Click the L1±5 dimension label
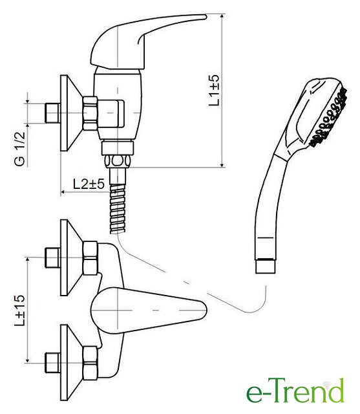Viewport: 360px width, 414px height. [214, 91]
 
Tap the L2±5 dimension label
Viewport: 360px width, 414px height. [89, 184]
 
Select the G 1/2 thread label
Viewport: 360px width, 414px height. [20, 149]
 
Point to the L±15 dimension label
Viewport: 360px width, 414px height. [20, 310]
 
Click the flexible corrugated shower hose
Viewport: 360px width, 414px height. [118, 208]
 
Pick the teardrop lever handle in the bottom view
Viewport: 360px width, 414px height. [149, 310]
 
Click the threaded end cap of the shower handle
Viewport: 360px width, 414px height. [266, 266]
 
